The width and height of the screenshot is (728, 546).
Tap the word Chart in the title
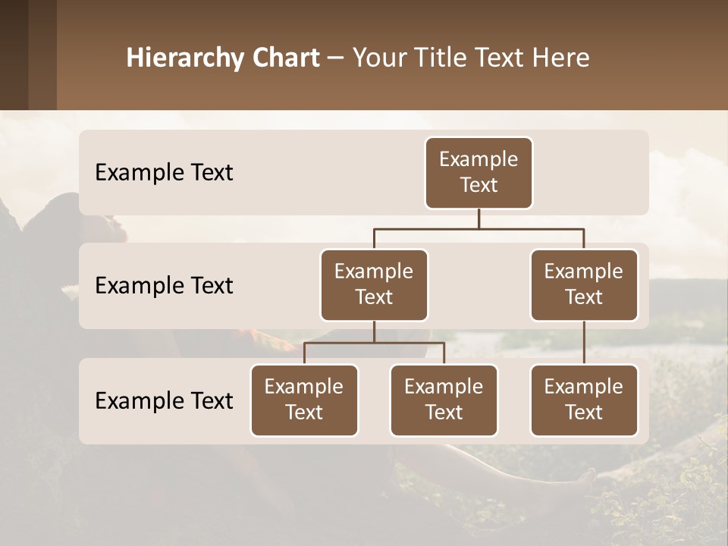[x=284, y=58]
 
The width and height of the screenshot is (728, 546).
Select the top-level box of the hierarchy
[x=479, y=173]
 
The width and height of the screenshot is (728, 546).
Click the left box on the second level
[x=374, y=285]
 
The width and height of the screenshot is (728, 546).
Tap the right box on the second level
[x=584, y=285]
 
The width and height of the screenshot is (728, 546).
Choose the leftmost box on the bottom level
[x=304, y=400]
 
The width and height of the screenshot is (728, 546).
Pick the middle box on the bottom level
[x=444, y=400]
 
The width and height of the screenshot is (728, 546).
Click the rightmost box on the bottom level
[x=584, y=400]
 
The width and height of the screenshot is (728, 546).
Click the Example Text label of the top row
[x=164, y=173]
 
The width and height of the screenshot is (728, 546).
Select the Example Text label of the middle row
[x=164, y=286]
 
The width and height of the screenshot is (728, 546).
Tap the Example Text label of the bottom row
[x=164, y=401]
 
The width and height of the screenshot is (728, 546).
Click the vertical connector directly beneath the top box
[x=479, y=218]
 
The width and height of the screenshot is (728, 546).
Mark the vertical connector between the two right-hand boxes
[x=584, y=343]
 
